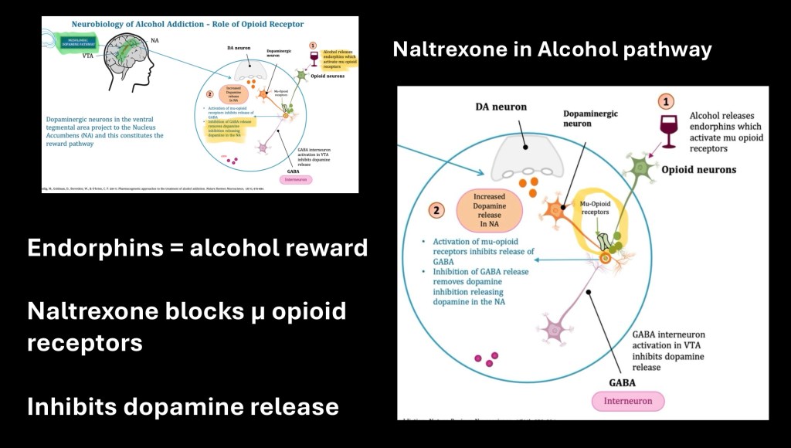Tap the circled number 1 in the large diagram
667,101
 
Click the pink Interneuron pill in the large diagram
628,401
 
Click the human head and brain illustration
119,53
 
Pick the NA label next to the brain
154,39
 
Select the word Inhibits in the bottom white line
70,406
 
